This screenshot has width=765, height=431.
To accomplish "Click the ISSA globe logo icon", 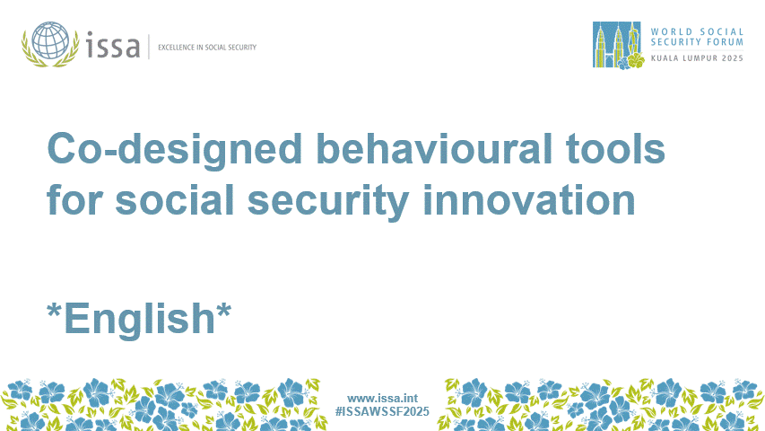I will pyautogui.click(x=52, y=42).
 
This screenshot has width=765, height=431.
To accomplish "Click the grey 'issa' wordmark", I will pyautogui.click(x=113, y=45).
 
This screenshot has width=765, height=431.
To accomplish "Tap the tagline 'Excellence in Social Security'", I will pyautogui.click(x=206, y=47).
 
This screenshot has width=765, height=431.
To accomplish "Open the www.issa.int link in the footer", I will pyautogui.click(x=382, y=398).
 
